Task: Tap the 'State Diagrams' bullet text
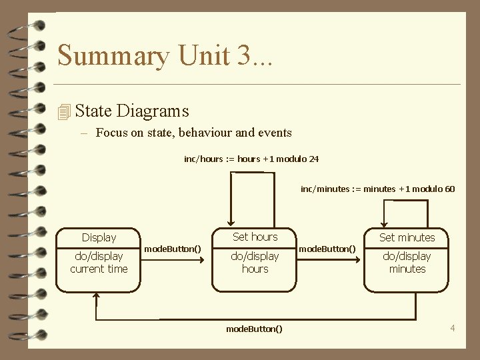[132, 111]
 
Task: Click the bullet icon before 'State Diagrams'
[64, 112]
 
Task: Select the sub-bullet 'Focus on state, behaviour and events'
[193, 133]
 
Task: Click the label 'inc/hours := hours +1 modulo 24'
[251, 159]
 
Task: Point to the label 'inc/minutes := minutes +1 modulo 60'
[377, 189]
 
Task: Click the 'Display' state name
[99, 237]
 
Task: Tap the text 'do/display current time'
[99, 263]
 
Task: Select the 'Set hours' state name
[255, 237]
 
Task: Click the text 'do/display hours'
[255, 263]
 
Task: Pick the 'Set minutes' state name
[407, 237]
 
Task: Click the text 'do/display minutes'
[407, 263]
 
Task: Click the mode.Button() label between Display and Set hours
[173, 249]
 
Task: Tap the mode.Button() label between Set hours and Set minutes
[327, 249]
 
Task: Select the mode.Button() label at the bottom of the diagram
[254, 329]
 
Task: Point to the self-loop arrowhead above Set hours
[231, 223]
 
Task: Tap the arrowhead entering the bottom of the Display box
[97, 297]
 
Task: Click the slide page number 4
[453, 327]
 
